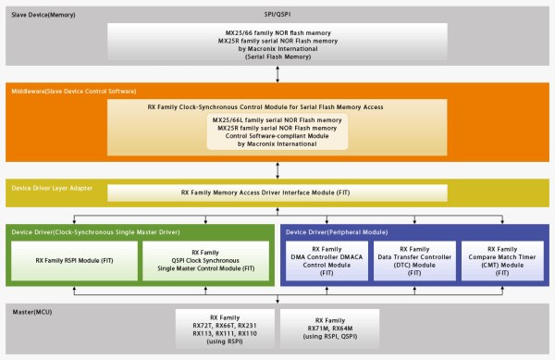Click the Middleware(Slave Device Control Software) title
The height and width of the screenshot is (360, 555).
(73, 90)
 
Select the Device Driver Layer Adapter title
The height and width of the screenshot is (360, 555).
(54, 188)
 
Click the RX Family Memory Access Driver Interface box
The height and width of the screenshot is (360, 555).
(277, 193)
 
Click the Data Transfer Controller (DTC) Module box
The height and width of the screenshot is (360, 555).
(413, 262)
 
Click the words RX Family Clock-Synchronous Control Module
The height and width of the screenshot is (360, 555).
(277, 106)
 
